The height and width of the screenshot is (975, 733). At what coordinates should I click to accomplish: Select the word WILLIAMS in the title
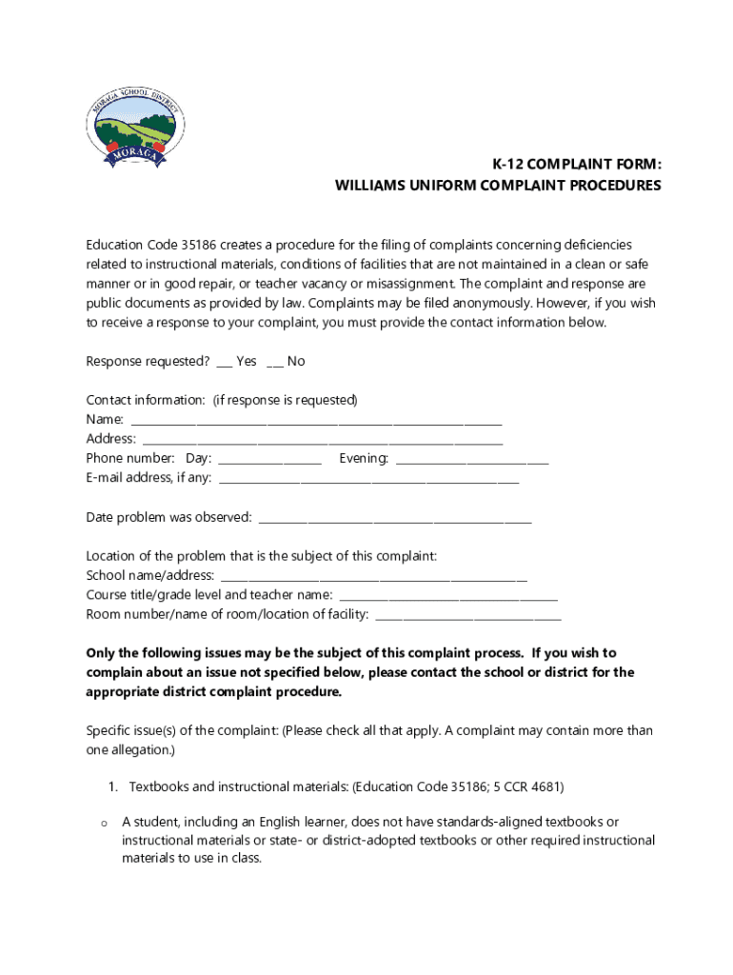pos(370,186)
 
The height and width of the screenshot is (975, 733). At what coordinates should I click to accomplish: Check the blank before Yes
pos(224,362)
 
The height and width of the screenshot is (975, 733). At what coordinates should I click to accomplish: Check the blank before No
pos(274,362)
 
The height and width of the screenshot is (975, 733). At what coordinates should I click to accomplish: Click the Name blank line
pos(316,421)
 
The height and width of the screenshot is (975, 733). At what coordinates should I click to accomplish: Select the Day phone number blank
pos(270,459)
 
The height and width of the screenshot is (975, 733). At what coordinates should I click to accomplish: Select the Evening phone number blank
pos(472,459)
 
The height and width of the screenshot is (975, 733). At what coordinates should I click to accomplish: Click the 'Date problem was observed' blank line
pos(395,518)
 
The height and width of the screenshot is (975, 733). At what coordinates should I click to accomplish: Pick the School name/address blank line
pos(374,576)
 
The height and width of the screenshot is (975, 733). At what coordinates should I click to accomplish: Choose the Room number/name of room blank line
pos(469,615)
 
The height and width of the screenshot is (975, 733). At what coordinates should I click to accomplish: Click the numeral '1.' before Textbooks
pos(111,787)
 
